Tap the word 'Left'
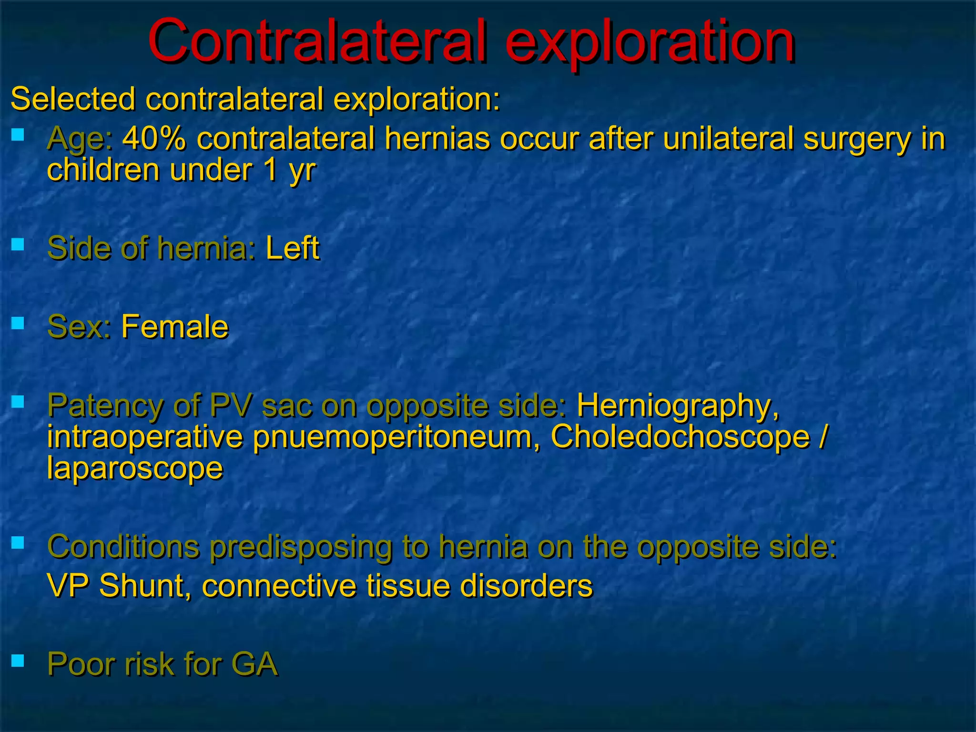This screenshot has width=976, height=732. tap(292, 248)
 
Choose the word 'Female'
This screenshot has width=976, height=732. tap(175, 327)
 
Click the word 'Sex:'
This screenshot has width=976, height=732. tap(79, 327)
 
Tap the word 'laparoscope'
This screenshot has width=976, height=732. tap(135, 468)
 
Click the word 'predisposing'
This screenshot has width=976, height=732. tap(301, 547)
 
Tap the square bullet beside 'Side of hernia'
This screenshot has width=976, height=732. tap(18, 244)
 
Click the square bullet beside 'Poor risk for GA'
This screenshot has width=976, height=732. tap(18, 661)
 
